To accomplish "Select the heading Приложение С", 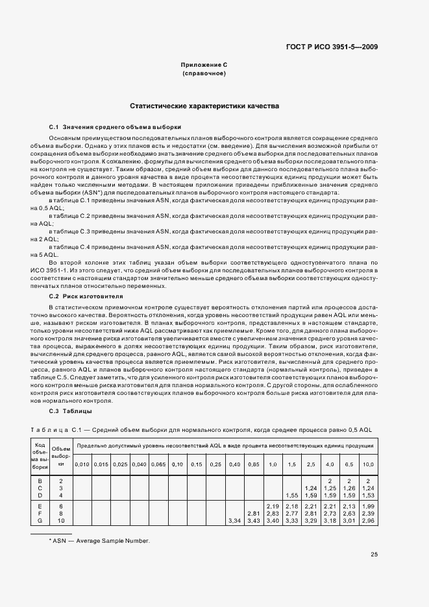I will pos(204,65).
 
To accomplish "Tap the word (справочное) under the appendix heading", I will pos(204,74).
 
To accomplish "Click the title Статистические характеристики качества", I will pos(204,105).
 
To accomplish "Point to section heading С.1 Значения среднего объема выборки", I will pos(115,127).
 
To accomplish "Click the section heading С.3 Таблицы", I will pos(70,411).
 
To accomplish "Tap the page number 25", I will pos(374,554).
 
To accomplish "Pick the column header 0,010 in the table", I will pos(82,465).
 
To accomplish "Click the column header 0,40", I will pos(235,465).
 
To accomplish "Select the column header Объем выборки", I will pos(61,457).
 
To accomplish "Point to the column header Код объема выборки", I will pos(40,456).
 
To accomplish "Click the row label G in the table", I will pos(40,521).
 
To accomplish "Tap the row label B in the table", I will pos(40,481).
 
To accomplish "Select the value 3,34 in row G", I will pos(235,521).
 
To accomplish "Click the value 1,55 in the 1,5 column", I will pos(291,495).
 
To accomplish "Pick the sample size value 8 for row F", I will pos(61,513).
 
